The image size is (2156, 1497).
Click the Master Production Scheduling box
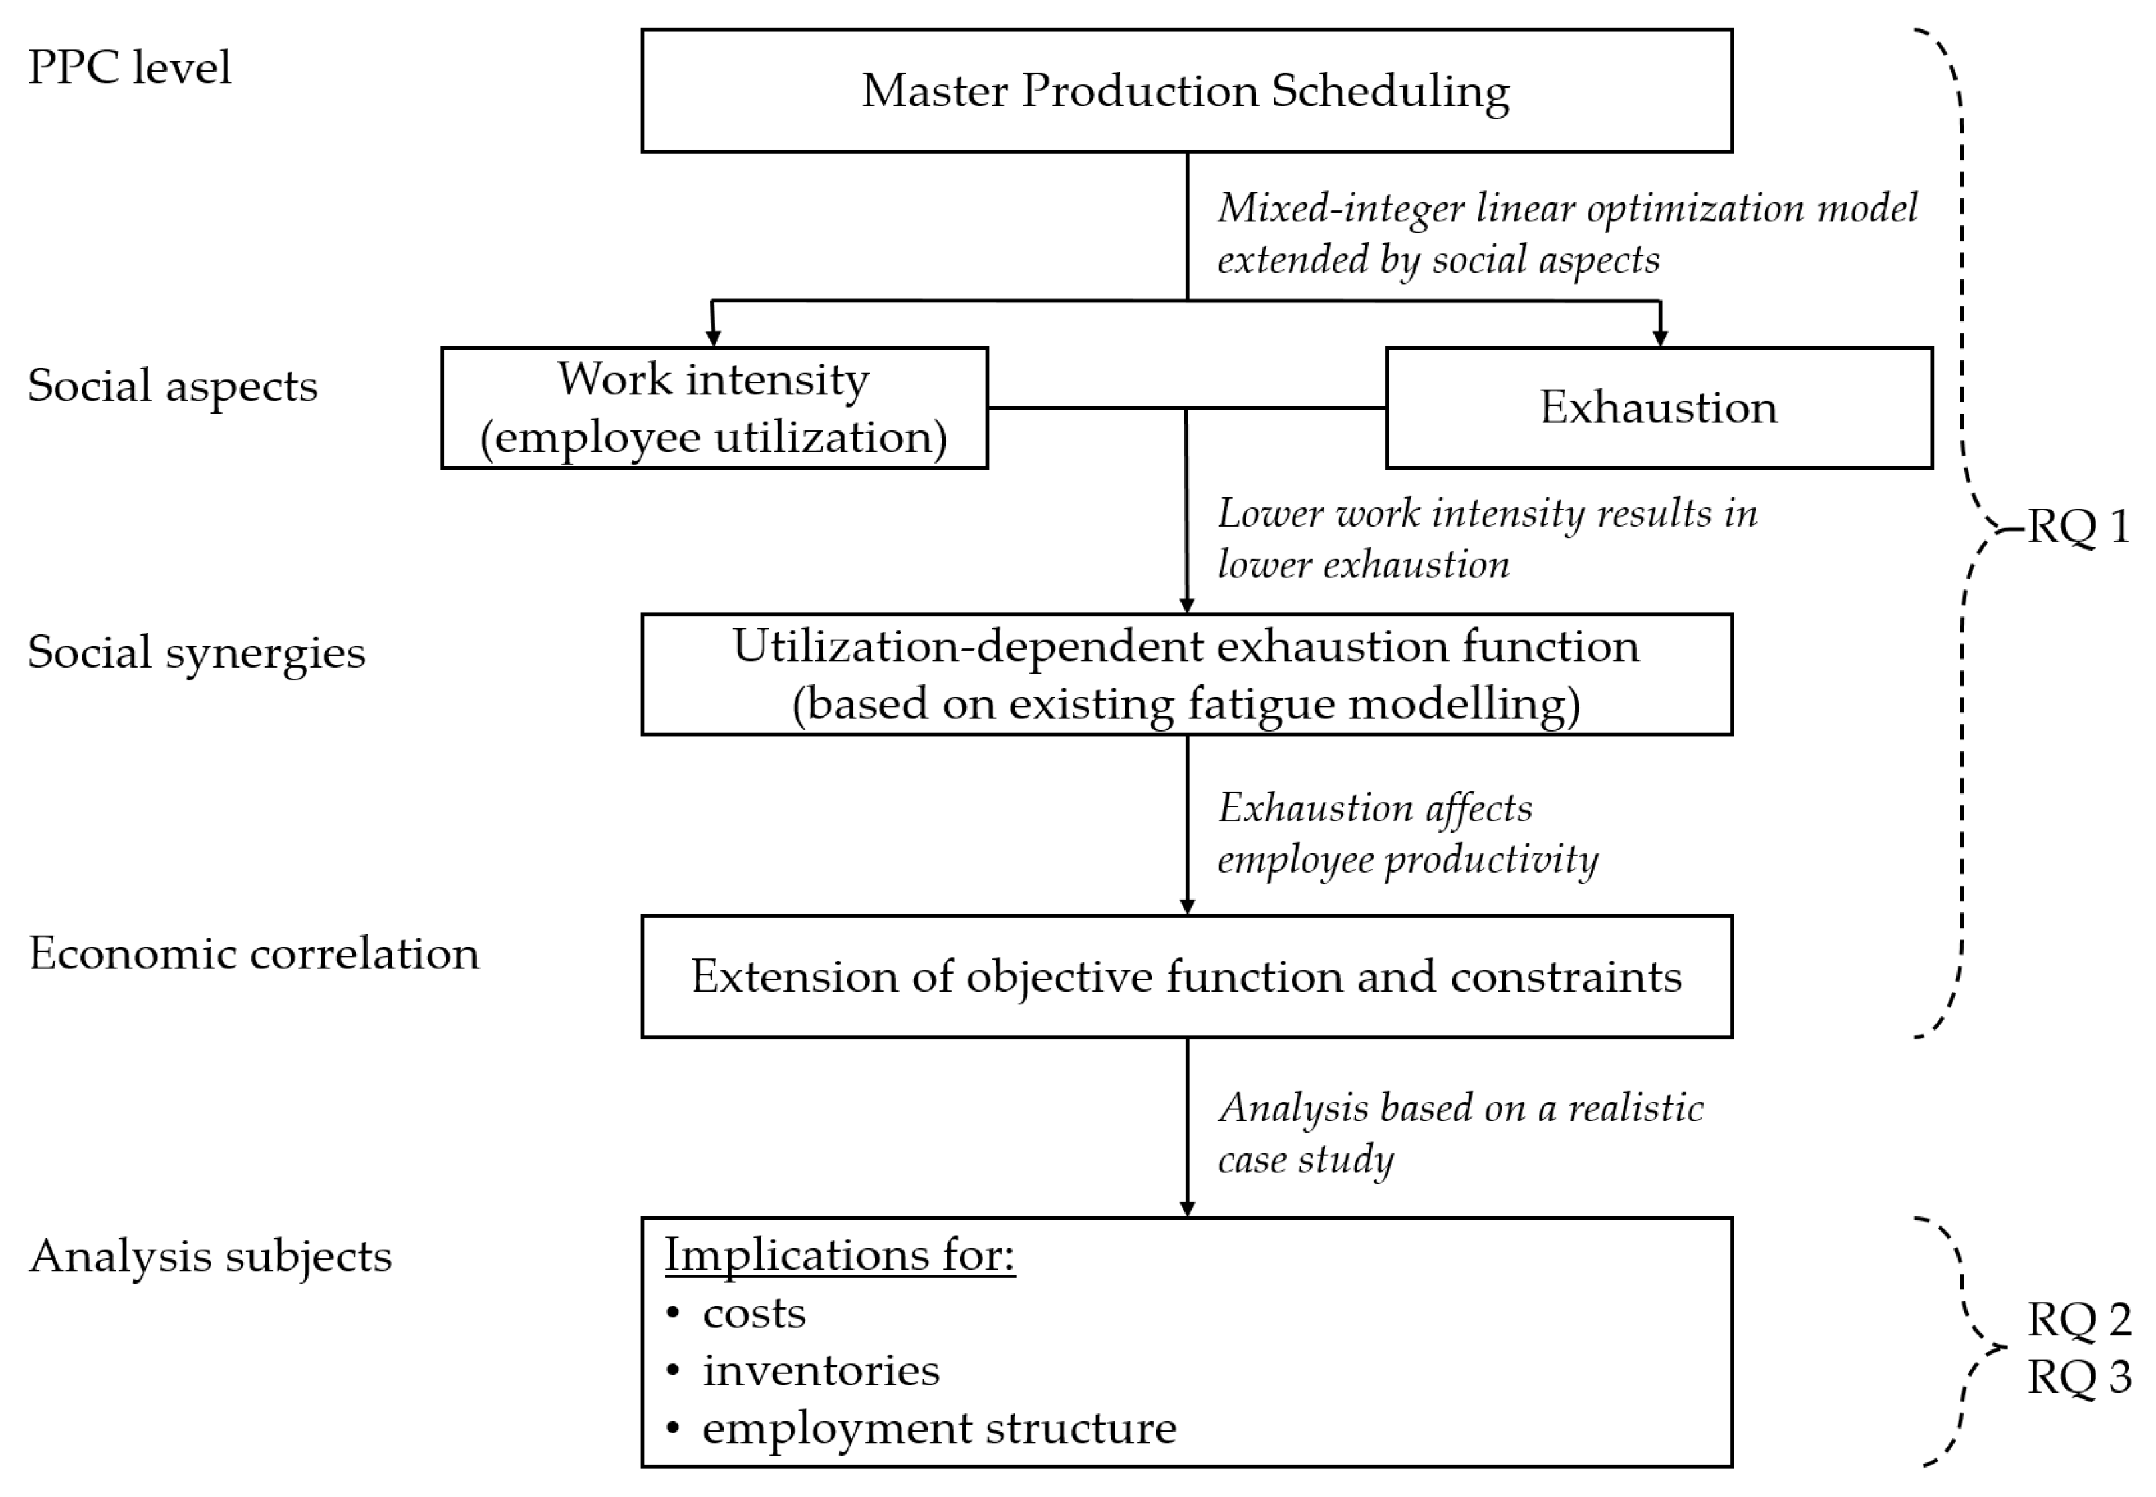pos(1186,91)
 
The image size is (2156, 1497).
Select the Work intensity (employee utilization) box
pos(714,408)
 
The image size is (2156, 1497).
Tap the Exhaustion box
pos(1658,408)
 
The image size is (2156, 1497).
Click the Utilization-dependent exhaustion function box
pos(1186,674)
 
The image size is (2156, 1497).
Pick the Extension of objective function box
pos(1186,976)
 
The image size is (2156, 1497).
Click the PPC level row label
pos(130,67)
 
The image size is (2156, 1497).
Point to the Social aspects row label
pos(172,386)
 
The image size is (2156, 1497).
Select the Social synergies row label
pos(196,652)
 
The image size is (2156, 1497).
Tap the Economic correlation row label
pos(253,954)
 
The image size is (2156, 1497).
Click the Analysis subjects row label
pos(210,1256)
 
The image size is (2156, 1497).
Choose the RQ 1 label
pos(2078,526)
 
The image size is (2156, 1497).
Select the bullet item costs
pos(753,1313)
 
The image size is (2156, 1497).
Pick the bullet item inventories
pos(821,1371)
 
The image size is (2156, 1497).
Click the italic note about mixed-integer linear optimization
pos(1566,233)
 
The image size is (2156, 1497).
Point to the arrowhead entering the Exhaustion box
pos(1660,337)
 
